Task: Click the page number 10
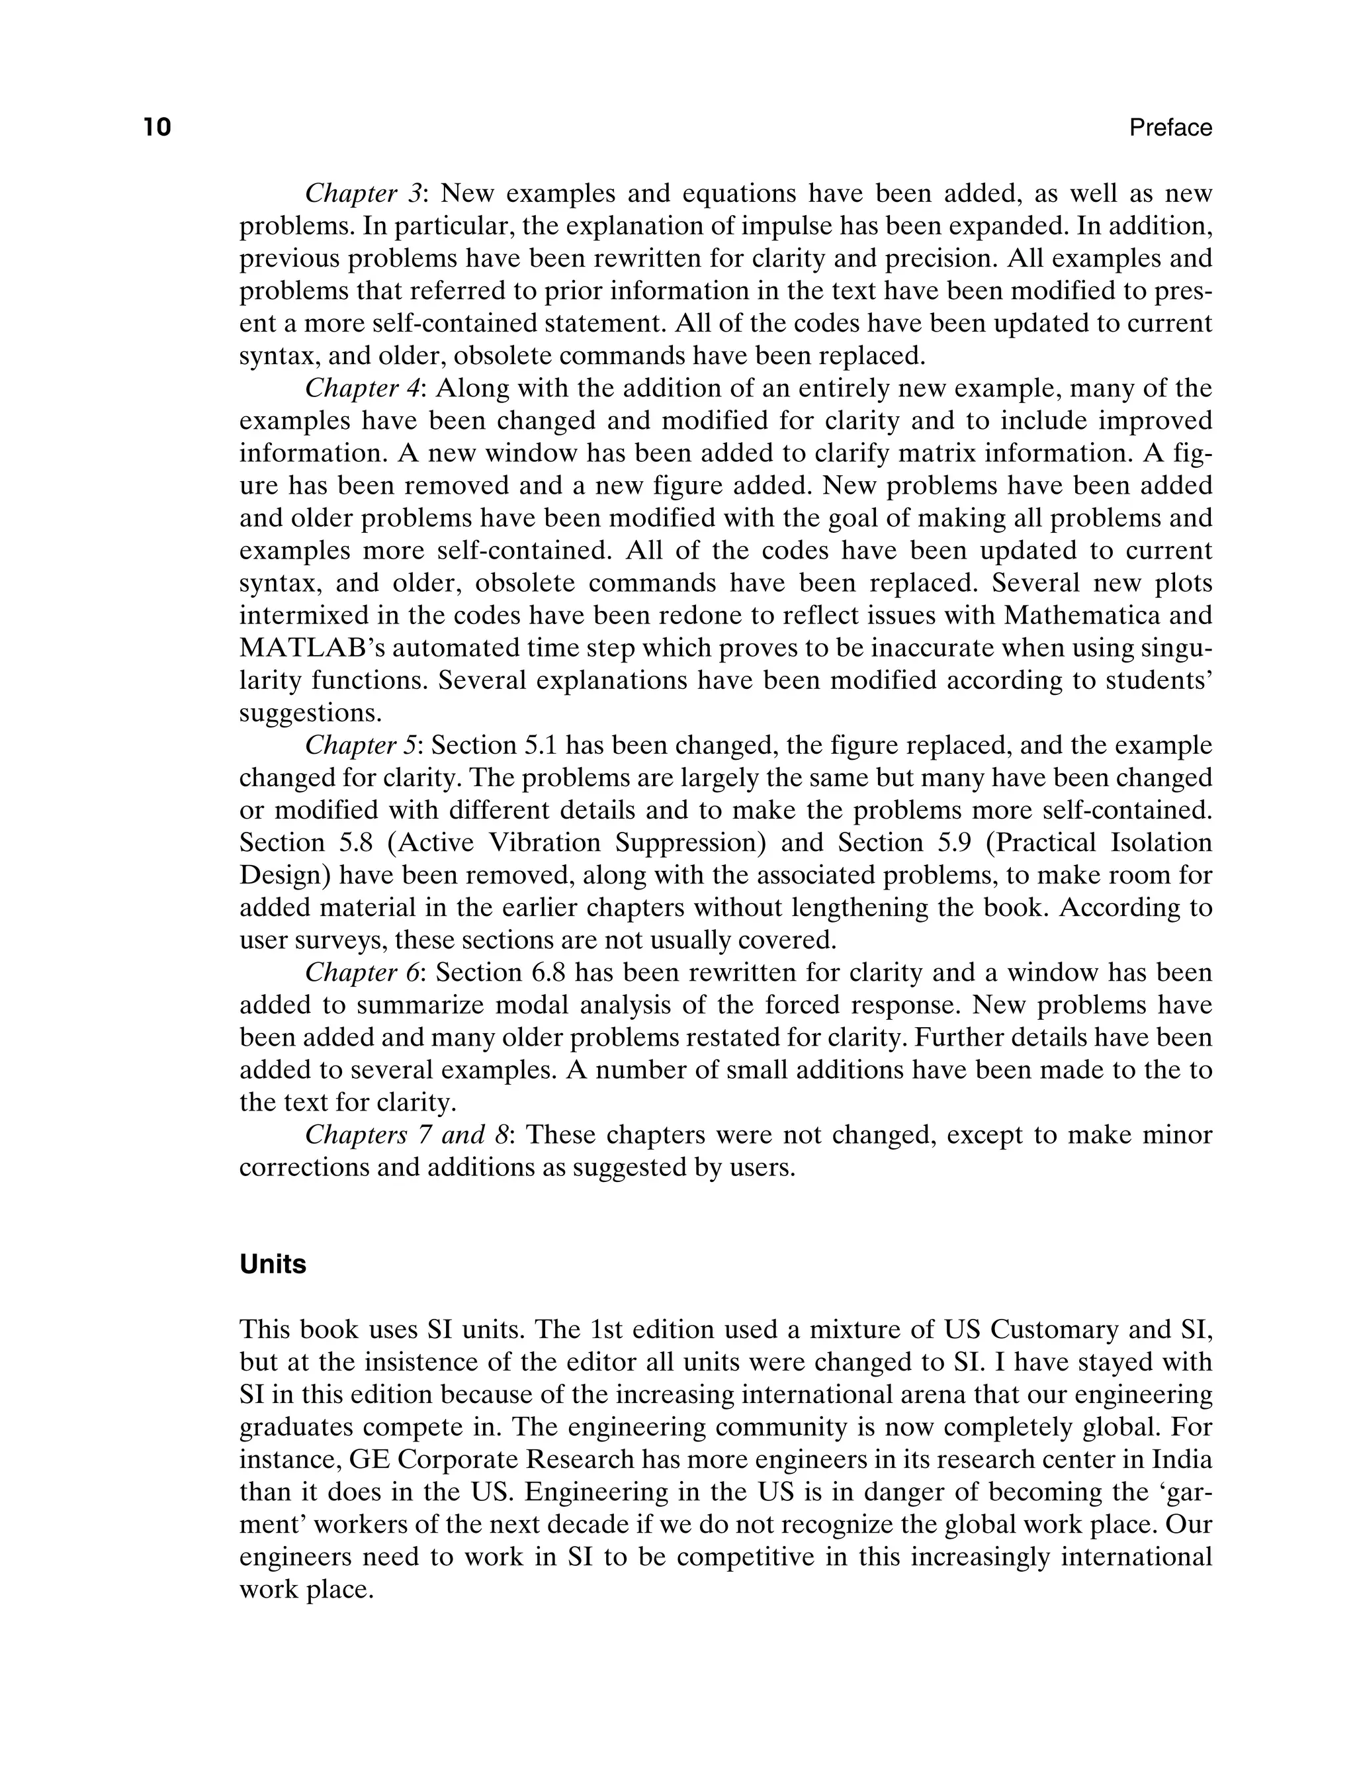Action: pyautogui.click(x=158, y=128)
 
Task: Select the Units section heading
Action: pyautogui.click(x=273, y=1264)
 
